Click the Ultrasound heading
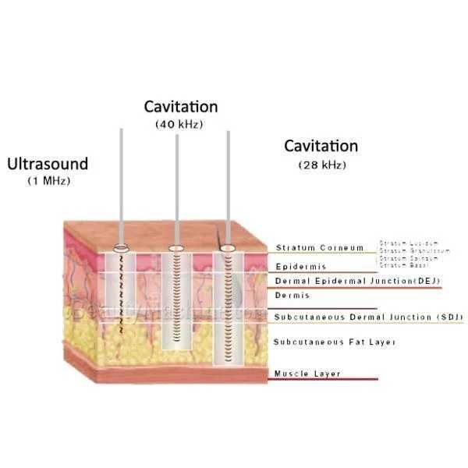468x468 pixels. pyautogui.click(x=48, y=164)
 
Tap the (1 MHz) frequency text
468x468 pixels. pyautogui.click(x=48, y=181)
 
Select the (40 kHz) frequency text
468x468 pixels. pyautogui.click(x=181, y=123)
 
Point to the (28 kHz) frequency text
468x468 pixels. pyautogui.click(x=322, y=165)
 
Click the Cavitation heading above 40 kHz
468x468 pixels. pyautogui.click(x=181, y=106)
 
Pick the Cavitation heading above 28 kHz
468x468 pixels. pyautogui.click(x=321, y=146)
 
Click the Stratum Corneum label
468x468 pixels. pyautogui.click(x=320, y=248)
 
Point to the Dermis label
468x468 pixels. pyautogui.click(x=292, y=296)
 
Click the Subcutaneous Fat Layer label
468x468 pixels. pyautogui.click(x=324, y=342)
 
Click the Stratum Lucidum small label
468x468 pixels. pyautogui.click(x=409, y=243)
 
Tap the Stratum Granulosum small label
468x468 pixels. pyautogui.click(x=413, y=250)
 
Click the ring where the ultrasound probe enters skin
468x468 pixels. pyautogui.click(x=122, y=250)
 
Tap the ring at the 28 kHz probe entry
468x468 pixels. pyautogui.click(x=229, y=250)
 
